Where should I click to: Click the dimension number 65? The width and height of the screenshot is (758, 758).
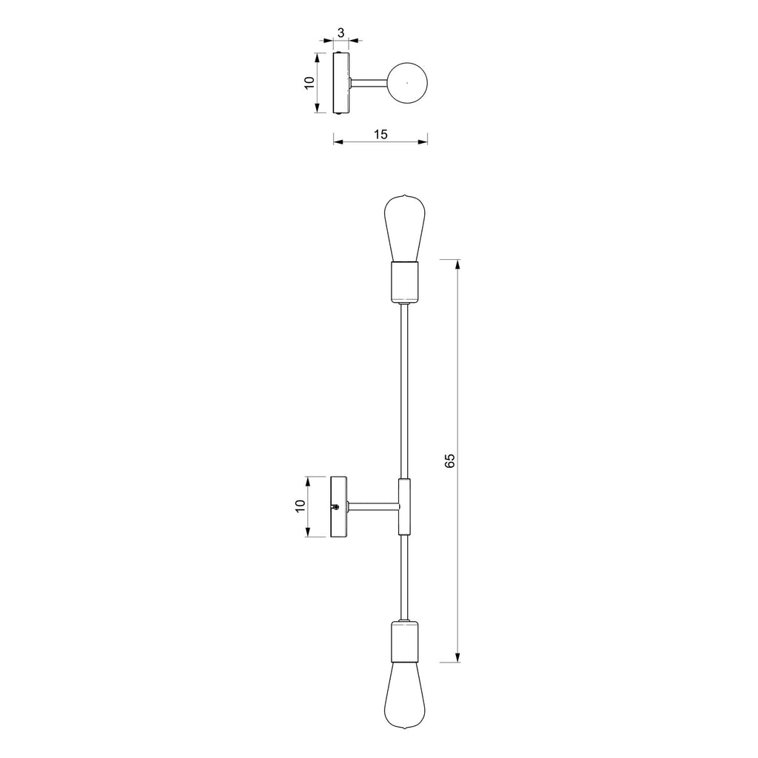coord(450,460)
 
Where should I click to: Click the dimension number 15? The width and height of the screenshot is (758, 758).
coord(380,135)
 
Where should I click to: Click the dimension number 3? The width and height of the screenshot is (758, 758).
coord(341,33)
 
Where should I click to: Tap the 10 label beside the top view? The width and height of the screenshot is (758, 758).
coord(309,83)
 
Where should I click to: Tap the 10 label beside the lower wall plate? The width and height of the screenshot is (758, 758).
coord(301,506)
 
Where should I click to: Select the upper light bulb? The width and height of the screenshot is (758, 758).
coord(405,228)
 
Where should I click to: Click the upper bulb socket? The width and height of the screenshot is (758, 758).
coord(405,282)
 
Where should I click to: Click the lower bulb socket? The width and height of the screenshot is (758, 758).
coord(405,642)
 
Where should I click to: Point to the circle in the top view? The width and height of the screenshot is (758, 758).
coord(408,63)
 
